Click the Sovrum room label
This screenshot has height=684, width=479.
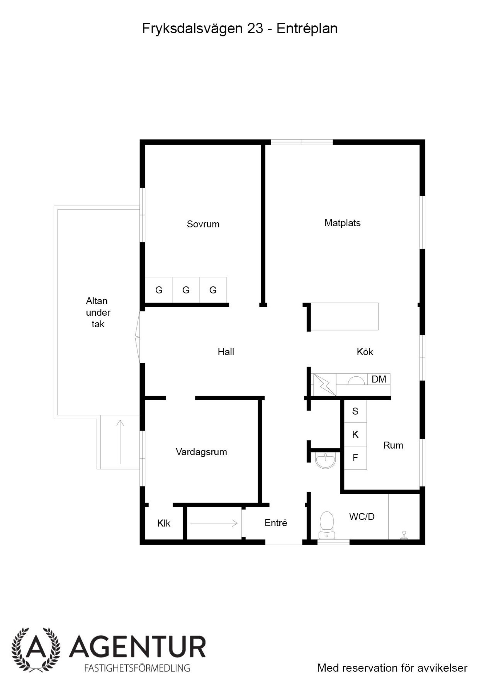pos(203,224)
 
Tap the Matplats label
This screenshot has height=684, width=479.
pos(342,223)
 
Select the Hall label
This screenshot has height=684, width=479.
pos(226,352)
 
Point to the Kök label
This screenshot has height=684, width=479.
pos(365,352)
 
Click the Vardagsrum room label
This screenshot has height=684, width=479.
pos(201,452)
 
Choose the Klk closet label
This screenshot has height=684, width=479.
pos(164,523)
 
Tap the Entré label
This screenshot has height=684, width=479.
pos(276,523)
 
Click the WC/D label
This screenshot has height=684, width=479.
pos(362,516)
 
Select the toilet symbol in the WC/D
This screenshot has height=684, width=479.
pos(327,525)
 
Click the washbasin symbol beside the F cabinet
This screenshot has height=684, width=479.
pos(326,460)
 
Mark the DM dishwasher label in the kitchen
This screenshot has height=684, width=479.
pos(379,379)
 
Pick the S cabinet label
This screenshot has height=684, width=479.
pos(355,411)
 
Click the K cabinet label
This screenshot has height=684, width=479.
pos(355,434)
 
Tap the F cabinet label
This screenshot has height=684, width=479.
pos(355,457)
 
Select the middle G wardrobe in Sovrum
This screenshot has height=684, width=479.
pos(186,290)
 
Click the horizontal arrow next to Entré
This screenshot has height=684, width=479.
pos(214,523)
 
